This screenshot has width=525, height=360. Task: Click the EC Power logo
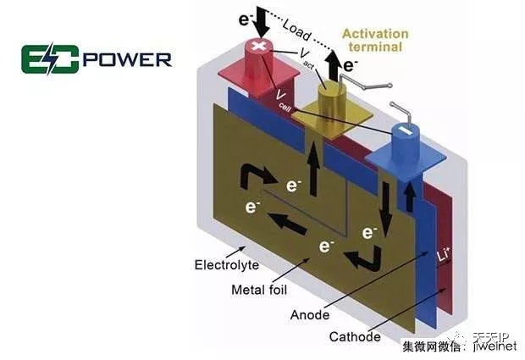click(97, 60)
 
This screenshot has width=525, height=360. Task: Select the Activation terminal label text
click(375, 41)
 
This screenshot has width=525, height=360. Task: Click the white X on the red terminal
click(257, 45)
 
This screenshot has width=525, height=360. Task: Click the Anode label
click(310, 314)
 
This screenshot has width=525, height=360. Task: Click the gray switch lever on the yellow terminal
click(369, 87)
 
